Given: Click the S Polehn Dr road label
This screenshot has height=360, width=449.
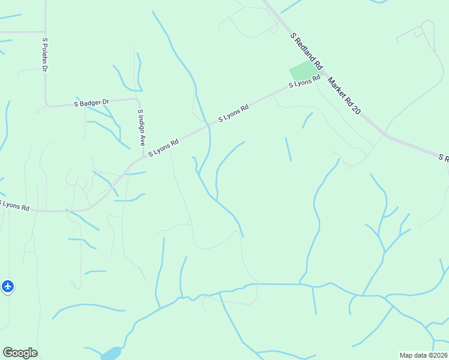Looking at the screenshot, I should [x=44, y=55].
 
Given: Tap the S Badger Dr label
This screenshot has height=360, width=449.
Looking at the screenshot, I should [x=92, y=103].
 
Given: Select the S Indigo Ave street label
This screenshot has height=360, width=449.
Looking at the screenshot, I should [x=141, y=128].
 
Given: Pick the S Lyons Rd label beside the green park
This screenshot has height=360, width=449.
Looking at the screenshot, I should [x=304, y=83].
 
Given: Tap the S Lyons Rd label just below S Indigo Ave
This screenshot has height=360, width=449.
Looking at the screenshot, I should [x=163, y=148].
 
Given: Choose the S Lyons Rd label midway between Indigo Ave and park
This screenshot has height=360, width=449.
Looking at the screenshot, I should [x=233, y=114].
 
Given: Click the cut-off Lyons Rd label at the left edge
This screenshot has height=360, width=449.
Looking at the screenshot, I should [x=14, y=205].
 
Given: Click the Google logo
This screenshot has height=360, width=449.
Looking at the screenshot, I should [x=20, y=353].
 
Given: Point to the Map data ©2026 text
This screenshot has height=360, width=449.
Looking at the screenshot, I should [x=423, y=355].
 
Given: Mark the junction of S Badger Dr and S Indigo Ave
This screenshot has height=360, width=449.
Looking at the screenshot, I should [x=137, y=99].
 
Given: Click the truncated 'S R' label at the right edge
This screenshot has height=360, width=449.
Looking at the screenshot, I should [x=443, y=158].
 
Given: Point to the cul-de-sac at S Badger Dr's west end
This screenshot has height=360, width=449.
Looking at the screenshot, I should [x=38, y=110].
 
